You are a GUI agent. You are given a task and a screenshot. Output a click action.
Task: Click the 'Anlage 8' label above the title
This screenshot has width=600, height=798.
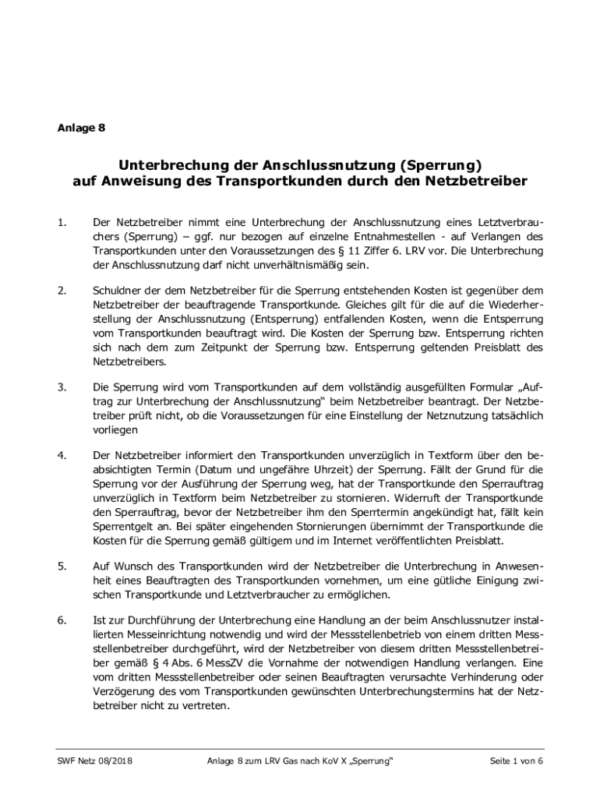[81, 128]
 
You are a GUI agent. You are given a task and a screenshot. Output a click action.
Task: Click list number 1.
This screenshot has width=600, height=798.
[62, 222]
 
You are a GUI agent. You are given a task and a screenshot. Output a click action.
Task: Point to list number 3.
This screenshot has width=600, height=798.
[62, 387]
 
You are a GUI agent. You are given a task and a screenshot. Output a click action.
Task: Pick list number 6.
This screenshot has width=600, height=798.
[62, 620]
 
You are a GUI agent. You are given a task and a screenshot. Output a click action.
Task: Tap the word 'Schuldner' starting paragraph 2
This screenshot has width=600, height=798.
[117, 291]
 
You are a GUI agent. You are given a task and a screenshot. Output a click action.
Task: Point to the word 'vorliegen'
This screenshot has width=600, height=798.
[115, 429]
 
